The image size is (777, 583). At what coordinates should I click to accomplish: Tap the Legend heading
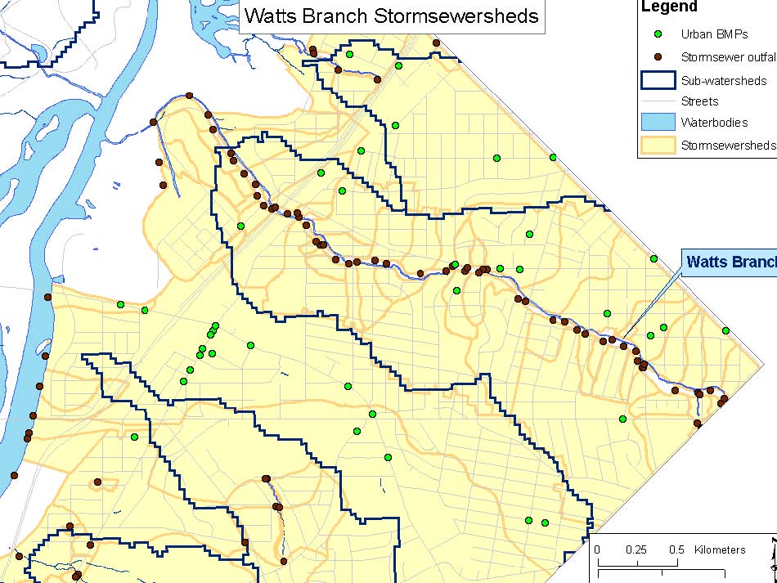coord(669,7)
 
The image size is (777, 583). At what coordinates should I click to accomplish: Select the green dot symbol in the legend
coord(658,34)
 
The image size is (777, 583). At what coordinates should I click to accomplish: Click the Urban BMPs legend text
coord(714,34)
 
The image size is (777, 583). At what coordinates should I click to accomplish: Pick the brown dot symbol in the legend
coord(658,57)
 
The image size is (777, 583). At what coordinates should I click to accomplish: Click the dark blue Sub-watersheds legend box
coord(658,80)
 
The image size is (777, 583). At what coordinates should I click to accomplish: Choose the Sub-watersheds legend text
coord(724,80)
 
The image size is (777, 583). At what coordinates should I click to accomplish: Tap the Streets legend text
coord(699,101)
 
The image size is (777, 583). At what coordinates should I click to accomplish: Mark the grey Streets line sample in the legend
coord(658,101)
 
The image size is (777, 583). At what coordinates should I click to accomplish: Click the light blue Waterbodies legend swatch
coord(658,123)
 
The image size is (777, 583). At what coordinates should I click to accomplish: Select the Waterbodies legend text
coord(714,123)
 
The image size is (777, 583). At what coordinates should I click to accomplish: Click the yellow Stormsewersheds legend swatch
coord(658,145)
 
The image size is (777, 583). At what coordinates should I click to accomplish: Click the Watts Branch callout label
coord(730,262)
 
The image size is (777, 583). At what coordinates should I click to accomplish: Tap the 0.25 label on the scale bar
coord(636,549)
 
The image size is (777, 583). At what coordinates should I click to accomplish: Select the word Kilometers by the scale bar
coord(720,549)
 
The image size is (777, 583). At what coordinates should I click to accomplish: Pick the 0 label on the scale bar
coord(597,549)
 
